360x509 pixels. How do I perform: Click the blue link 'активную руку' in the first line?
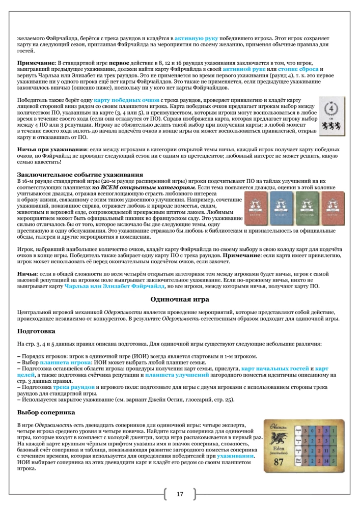tap(196, 38)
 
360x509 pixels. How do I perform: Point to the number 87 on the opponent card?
tap(279, 463)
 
